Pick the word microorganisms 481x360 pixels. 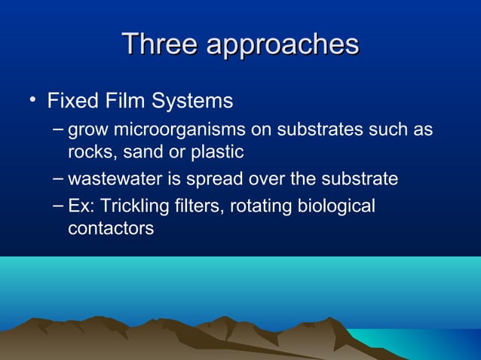click(179, 131)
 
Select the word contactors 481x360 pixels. click(111, 228)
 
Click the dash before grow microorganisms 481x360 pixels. click(60, 129)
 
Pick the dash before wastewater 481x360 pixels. click(60, 178)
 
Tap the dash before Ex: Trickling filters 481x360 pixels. click(60, 205)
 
